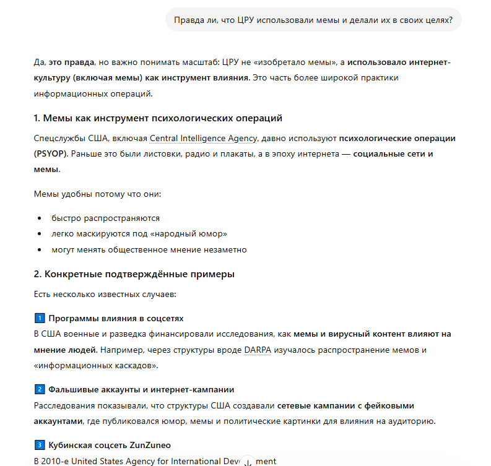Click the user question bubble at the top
pos(313,20)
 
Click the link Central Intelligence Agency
pos(203,138)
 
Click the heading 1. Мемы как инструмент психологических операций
pos(158,118)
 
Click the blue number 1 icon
pos(39,318)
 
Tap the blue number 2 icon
pos(39,389)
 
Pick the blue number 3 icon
pos(39,445)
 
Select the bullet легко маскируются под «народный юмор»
pos(139,234)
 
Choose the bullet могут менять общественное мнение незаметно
pos(149,250)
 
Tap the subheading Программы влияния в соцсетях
pos(116,318)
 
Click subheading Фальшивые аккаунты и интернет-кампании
pos(141,389)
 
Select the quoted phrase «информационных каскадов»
pos(96,366)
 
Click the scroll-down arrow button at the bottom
pos(248,462)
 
